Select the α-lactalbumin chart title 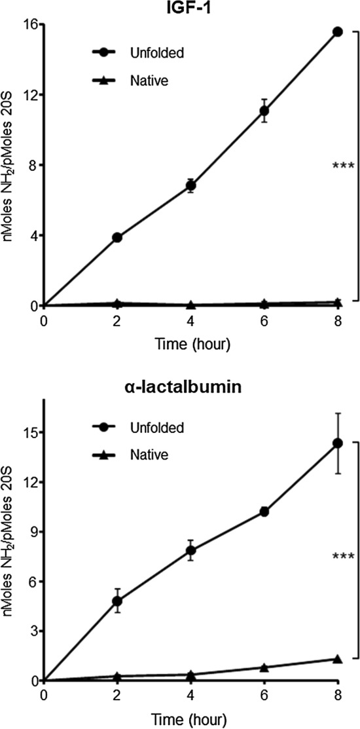[x=190, y=386]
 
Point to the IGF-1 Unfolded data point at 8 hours [x=338, y=31]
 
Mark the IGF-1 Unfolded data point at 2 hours [x=117, y=237]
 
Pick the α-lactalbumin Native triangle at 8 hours [x=338, y=659]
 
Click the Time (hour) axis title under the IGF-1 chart [x=190, y=343]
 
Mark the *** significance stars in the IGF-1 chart [x=343, y=165]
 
